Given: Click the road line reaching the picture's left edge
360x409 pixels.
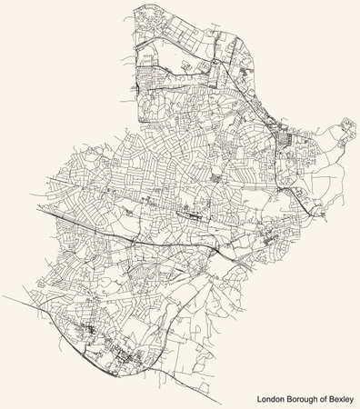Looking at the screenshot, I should (5, 296).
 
